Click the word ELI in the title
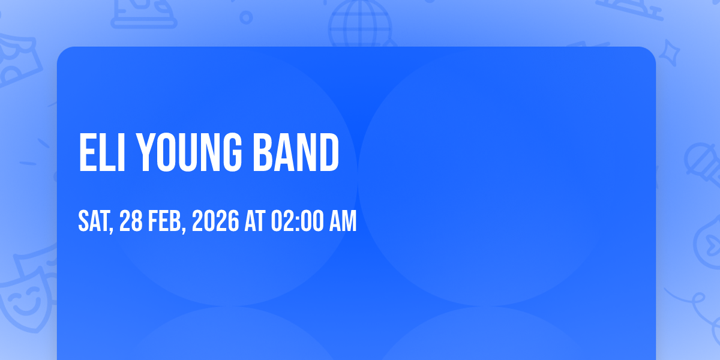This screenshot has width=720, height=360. point(102,152)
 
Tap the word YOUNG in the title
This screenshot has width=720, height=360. point(188,152)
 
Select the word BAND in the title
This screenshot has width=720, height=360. point(296,152)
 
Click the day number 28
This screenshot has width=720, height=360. point(131,221)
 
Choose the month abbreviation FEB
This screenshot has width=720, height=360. point(165,221)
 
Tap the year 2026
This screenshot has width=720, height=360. point(215,221)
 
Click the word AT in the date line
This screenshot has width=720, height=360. point(255,221)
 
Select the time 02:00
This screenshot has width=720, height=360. point(298,221)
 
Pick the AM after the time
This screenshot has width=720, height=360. point(343,221)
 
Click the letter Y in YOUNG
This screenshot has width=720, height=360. point(145,152)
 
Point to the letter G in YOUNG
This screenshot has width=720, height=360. point(231,152)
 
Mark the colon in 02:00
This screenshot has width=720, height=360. point(298,223)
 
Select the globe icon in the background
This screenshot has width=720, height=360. point(361,24)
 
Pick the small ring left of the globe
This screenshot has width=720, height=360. point(246,17)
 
